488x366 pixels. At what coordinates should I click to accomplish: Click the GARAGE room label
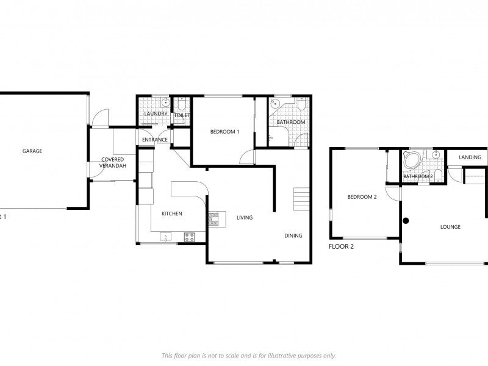32,151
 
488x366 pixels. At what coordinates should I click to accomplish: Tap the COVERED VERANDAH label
112,162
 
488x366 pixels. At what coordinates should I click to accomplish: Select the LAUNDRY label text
156,114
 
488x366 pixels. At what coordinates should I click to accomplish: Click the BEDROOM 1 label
224,132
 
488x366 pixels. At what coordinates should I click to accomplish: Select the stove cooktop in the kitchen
190,237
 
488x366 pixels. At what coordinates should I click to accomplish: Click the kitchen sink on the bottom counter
165,237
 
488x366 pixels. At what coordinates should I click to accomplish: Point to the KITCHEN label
171,213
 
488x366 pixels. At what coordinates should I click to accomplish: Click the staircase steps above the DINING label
302,199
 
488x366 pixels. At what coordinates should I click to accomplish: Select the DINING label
293,235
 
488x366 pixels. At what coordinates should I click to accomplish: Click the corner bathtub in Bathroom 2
411,160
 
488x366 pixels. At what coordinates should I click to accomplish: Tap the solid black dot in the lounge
405,220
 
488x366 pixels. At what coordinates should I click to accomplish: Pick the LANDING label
470,157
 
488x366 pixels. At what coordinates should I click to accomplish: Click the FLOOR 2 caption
341,247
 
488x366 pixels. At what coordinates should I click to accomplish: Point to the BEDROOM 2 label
362,197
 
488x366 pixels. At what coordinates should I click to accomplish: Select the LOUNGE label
450,227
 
